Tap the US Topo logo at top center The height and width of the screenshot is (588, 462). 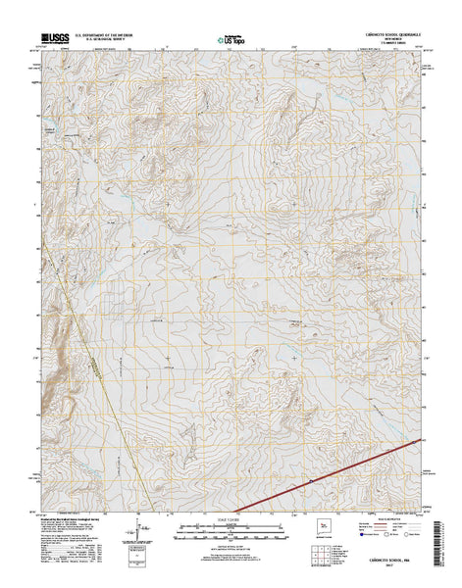point(231,42)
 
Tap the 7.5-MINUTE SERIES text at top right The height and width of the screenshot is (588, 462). point(387,45)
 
